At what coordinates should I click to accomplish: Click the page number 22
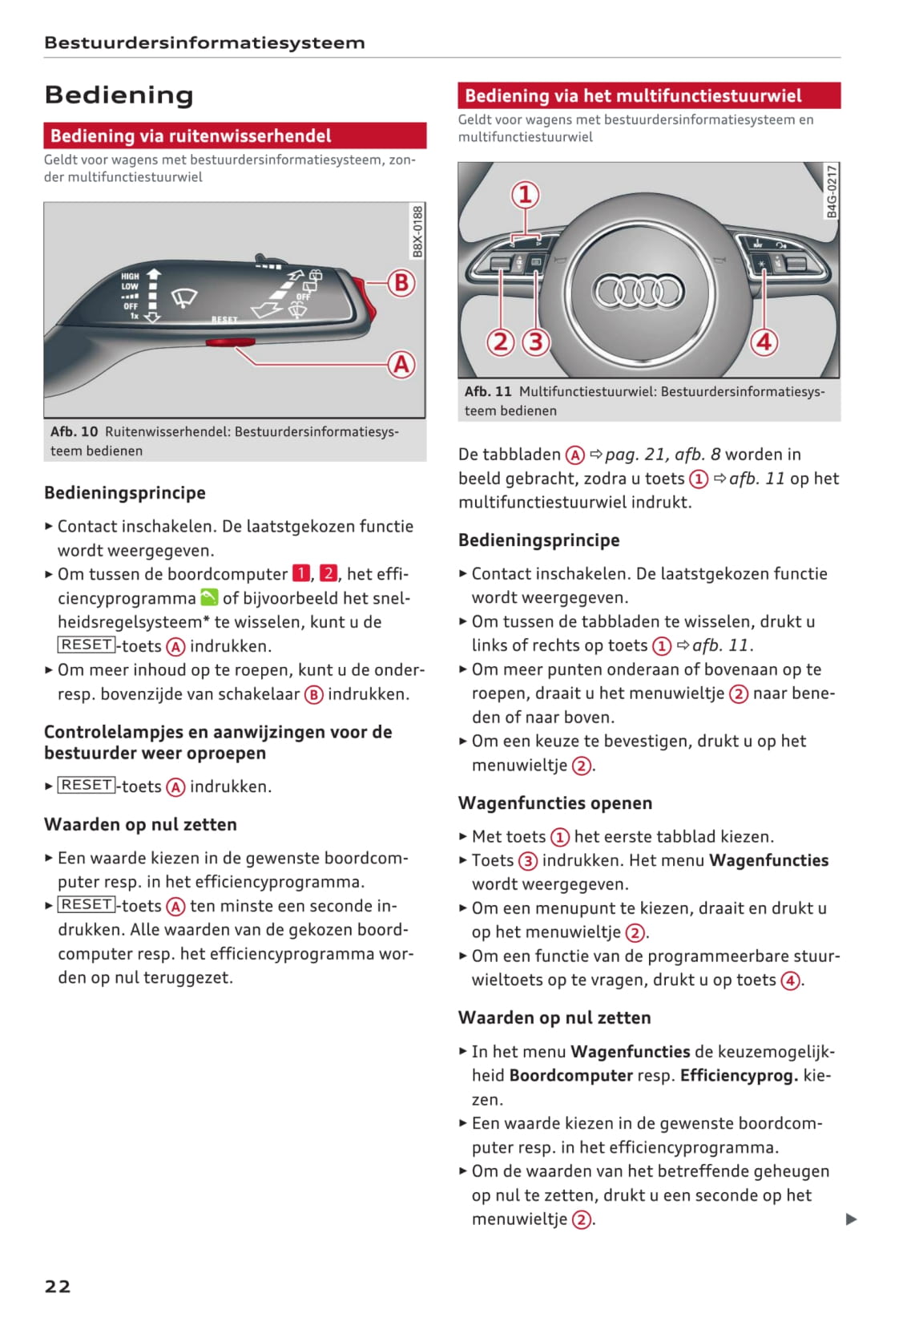coord(58,1286)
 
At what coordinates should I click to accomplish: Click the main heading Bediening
coord(119,95)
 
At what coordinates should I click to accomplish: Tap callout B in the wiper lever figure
coord(401,283)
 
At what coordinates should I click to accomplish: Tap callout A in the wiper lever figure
coord(401,365)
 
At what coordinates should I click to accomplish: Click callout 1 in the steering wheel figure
coord(526,195)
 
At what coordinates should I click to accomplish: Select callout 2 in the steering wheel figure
coord(501,342)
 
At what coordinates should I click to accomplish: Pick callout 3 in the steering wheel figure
coord(536,342)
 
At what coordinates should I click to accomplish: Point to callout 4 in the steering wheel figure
coord(764,342)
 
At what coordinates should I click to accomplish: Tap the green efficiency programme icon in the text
coord(209,597)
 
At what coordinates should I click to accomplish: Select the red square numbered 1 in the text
coord(300,573)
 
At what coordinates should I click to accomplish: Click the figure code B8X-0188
coord(417,232)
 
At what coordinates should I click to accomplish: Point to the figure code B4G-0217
coord(832,192)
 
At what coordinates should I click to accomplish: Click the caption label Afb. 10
coord(74,431)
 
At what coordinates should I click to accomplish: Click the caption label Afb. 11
coord(488,391)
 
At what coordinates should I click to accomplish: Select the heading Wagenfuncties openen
coord(555,803)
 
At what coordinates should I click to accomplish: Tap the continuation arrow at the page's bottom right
coord(852,1219)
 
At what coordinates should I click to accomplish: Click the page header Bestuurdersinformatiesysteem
coord(204,43)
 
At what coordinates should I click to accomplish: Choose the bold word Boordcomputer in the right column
coord(570,1075)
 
